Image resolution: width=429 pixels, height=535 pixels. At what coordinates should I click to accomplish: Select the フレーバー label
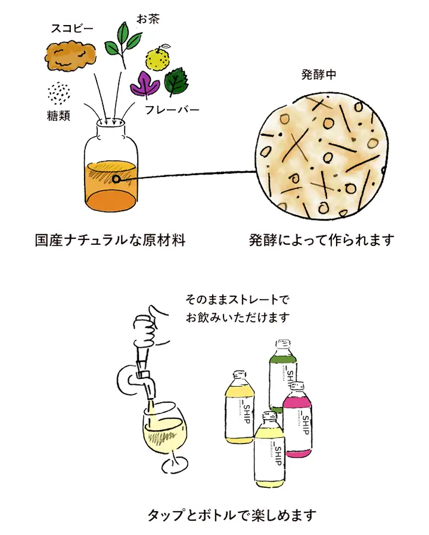coord(172,110)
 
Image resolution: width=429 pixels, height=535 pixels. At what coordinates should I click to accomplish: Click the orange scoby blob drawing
coord(70,57)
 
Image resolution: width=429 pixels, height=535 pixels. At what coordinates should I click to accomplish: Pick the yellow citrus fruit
coord(160,58)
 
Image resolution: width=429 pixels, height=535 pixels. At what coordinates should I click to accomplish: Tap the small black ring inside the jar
coord(117,179)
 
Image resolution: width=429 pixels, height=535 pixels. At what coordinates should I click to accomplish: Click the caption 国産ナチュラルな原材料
coord(110,240)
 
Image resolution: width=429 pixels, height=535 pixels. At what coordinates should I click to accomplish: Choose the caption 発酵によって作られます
coord(322,240)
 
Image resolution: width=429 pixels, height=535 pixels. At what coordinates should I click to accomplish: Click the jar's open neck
coord(113,124)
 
